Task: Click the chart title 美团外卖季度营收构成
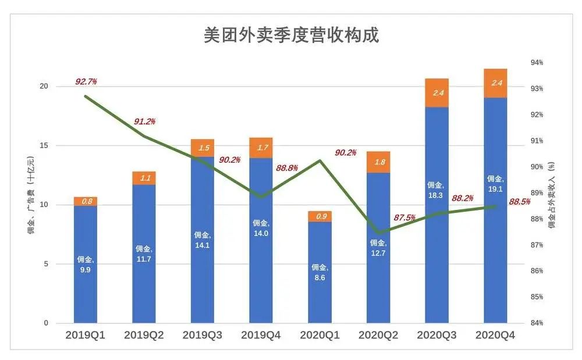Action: click(x=291, y=35)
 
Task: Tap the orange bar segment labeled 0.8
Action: click(x=86, y=201)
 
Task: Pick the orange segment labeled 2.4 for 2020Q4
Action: click(x=495, y=83)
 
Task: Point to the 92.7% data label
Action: click(x=86, y=82)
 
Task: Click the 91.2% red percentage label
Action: click(x=144, y=122)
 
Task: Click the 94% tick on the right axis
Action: click(x=535, y=63)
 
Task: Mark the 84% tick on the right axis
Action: click(x=535, y=323)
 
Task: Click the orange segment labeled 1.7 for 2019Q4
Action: click(x=261, y=148)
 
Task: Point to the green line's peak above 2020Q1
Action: click(x=320, y=161)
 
